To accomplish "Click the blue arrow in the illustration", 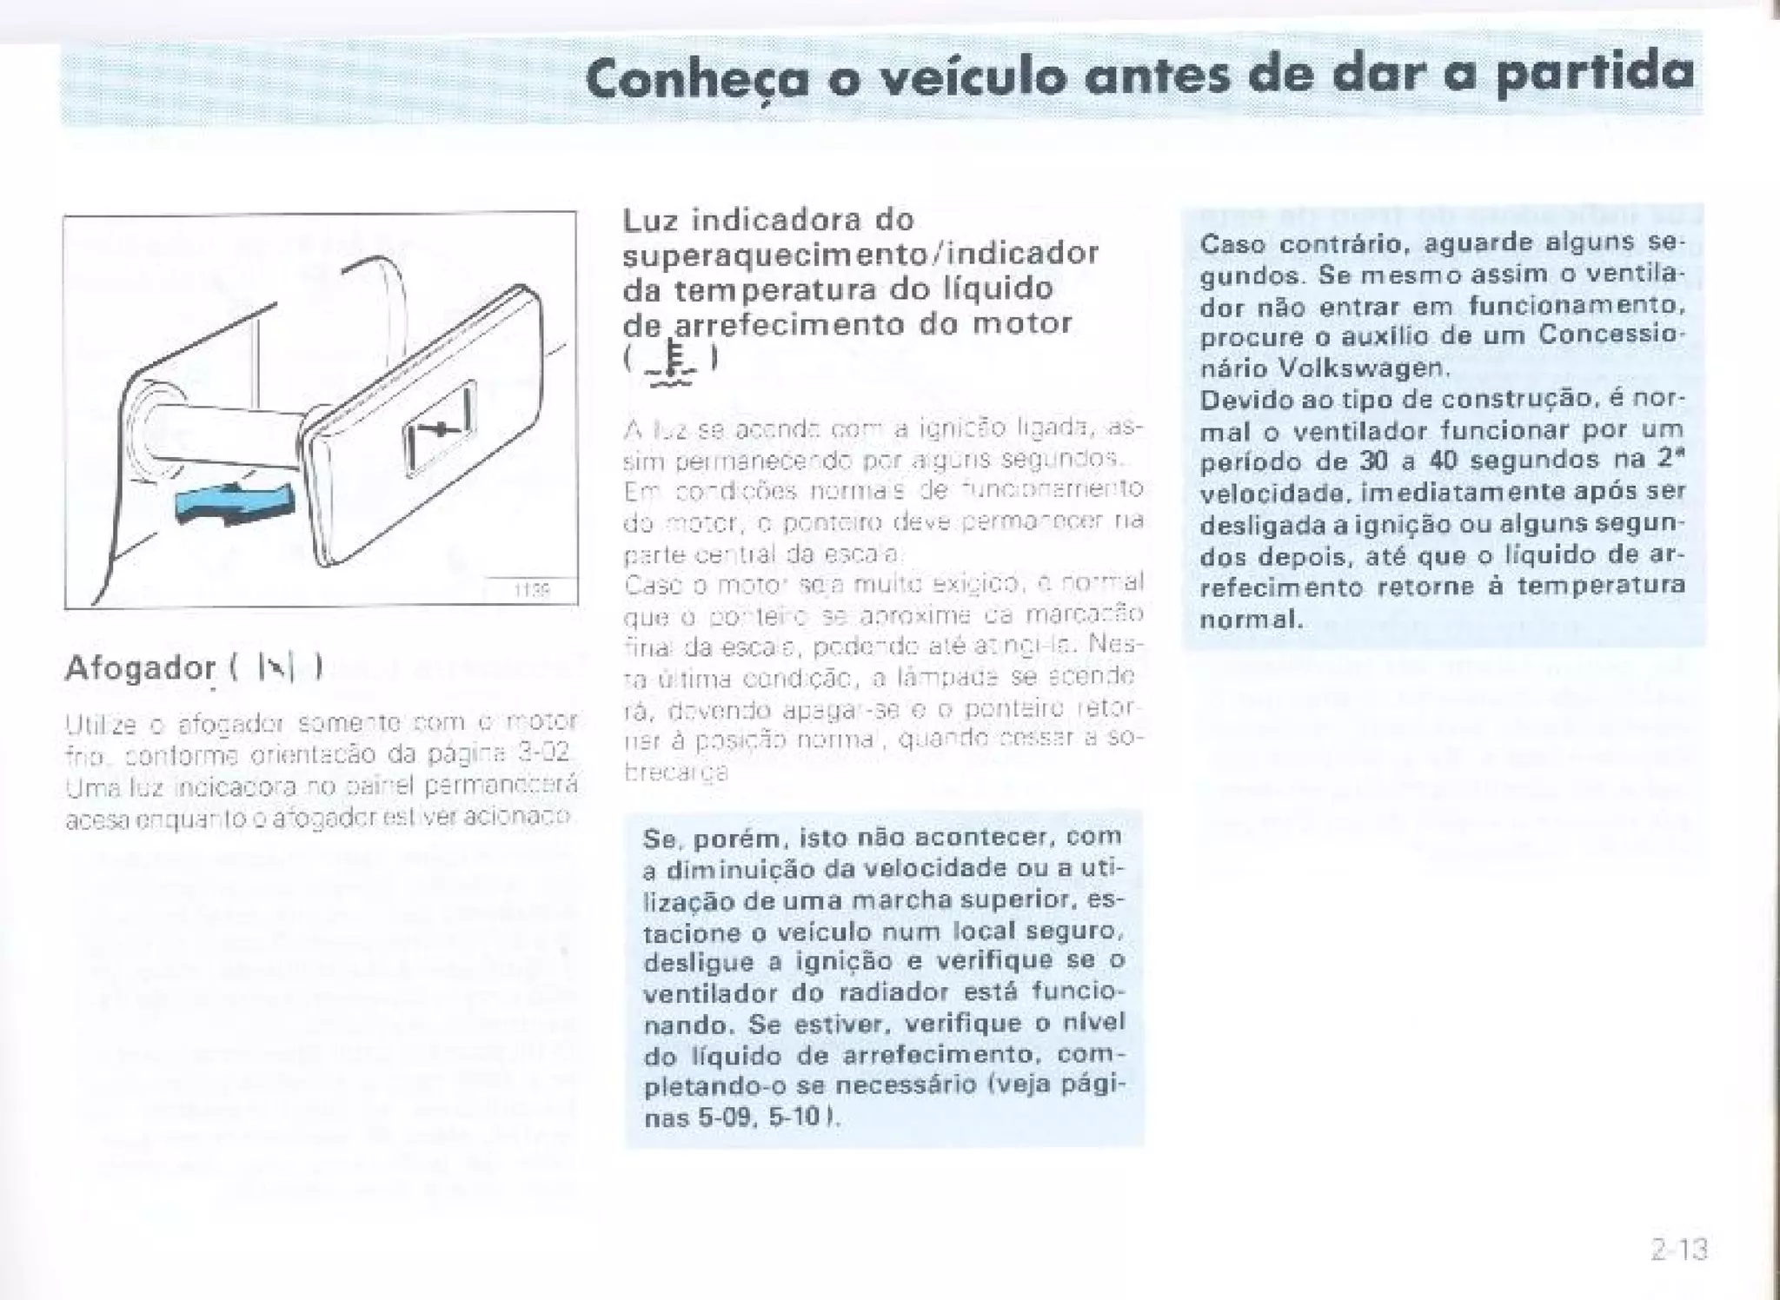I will (233, 504).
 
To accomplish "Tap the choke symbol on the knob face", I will (440, 426).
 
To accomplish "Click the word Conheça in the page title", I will (690, 78).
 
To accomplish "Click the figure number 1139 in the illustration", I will (532, 590).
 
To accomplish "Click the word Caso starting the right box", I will (1232, 244).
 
